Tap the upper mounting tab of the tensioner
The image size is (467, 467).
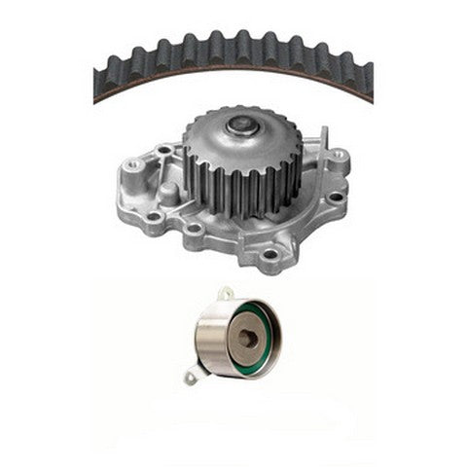[x=225, y=293]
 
